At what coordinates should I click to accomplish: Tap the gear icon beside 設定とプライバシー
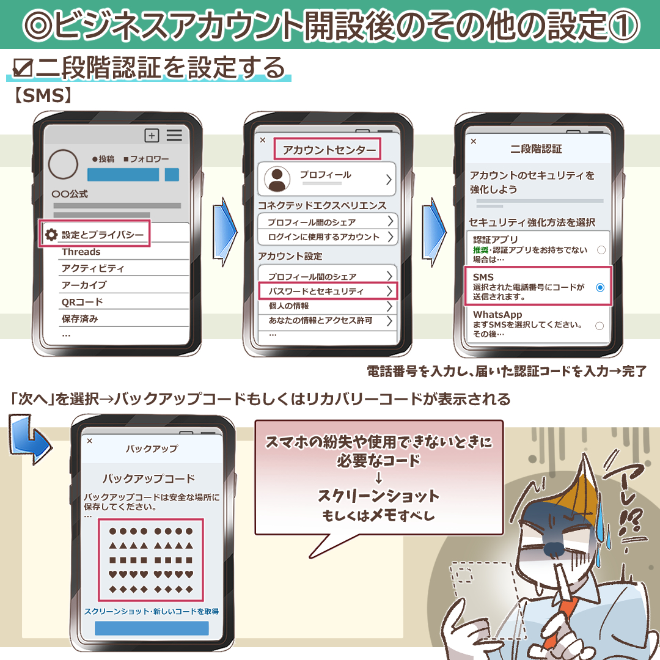click(51, 235)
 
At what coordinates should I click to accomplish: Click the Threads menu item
click(81, 252)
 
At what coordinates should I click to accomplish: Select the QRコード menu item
click(82, 302)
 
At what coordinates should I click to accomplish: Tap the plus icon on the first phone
click(152, 135)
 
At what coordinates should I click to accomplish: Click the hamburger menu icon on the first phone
click(174, 135)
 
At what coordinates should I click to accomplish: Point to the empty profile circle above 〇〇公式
click(63, 164)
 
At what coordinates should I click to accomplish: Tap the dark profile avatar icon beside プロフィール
click(277, 179)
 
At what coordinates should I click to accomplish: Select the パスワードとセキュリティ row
click(328, 291)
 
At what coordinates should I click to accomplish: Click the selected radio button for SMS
click(600, 287)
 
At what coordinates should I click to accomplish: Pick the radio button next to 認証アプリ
click(601, 250)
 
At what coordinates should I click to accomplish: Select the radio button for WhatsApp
click(599, 326)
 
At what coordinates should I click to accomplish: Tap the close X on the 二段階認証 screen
click(474, 141)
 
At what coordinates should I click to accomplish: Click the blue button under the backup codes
click(152, 628)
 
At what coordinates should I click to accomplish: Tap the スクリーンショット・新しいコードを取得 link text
click(152, 611)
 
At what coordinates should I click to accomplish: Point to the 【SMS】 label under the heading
click(43, 95)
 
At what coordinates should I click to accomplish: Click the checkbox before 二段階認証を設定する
click(23, 68)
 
